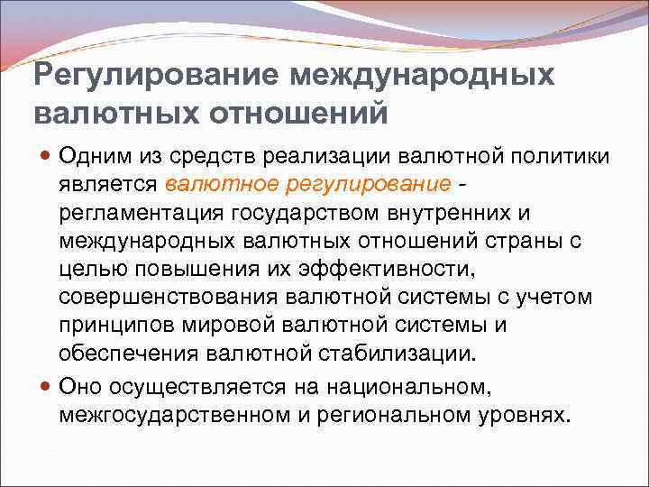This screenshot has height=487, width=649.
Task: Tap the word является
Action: [108, 184]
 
